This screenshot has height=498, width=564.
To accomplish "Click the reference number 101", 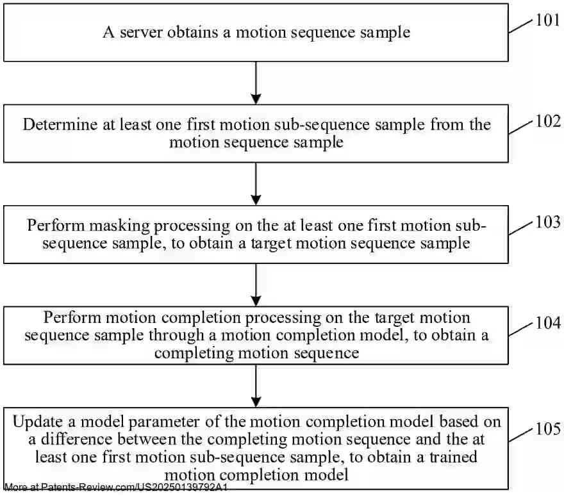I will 547,21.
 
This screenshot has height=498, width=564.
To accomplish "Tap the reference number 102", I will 547,122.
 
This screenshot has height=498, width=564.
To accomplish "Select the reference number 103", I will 547,222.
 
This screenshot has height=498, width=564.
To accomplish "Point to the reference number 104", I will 547,324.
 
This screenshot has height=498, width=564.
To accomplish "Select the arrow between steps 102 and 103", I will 256,184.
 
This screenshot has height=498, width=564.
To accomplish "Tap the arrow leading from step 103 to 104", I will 256,285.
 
